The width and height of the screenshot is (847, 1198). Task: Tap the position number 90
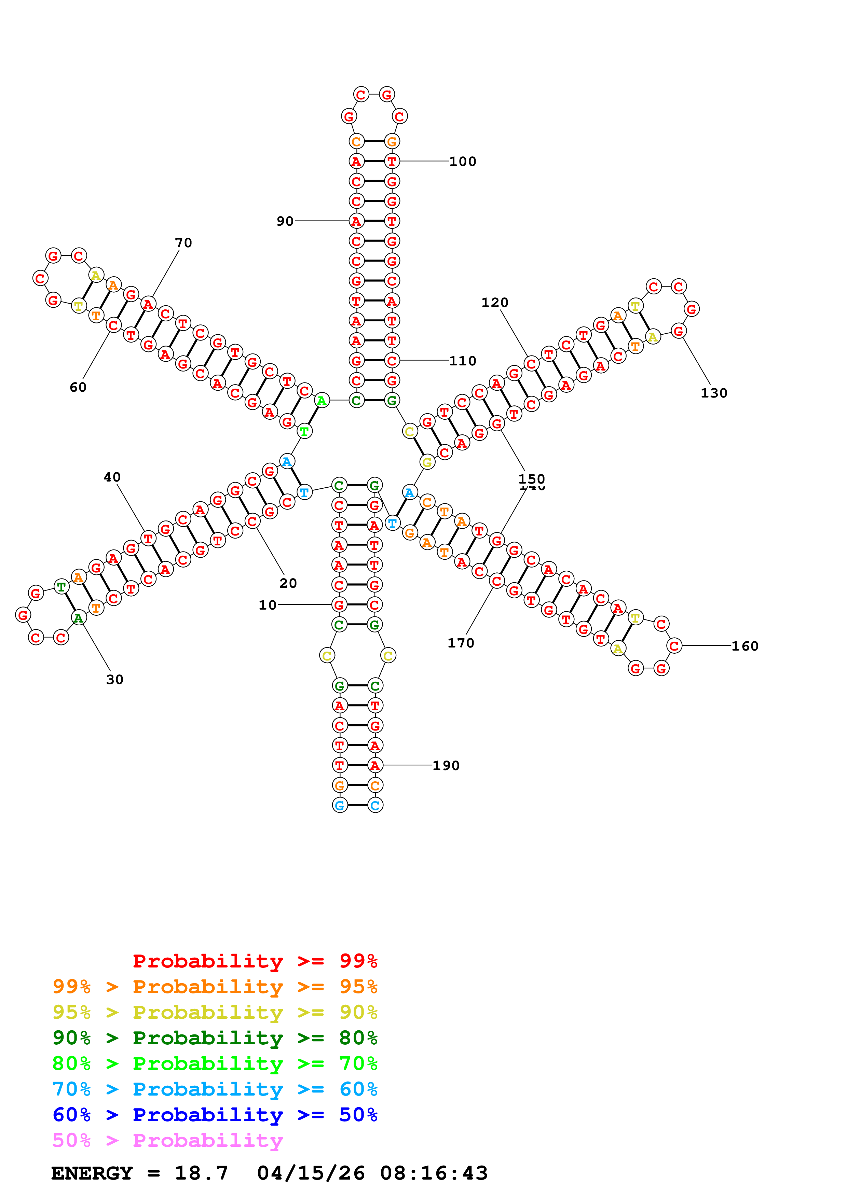click(x=285, y=221)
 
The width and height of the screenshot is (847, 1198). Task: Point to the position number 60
click(x=78, y=387)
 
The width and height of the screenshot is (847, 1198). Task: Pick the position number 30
click(x=115, y=679)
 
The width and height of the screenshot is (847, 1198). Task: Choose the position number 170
click(x=461, y=643)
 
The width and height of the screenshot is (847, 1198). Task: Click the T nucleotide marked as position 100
click(x=392, y=161)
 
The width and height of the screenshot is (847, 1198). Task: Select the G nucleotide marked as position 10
click(x=339, y=605)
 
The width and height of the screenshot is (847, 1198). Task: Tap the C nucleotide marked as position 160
click(x=674, y=646)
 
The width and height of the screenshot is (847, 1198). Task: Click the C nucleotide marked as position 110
click(x=392, y=361)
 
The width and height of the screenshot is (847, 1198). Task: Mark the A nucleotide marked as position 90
click(x=356, y=221)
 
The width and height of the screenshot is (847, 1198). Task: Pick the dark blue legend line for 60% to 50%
click(x=215, y=1115)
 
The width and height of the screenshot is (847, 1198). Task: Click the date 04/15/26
click(x=311, y=1173)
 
